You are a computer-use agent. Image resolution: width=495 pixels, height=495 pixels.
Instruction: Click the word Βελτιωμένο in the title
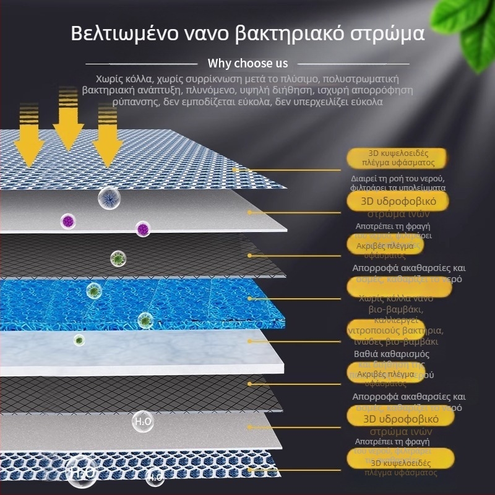click(119, 33)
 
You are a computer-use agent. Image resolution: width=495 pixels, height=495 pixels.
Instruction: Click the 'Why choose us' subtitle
click(247, 63)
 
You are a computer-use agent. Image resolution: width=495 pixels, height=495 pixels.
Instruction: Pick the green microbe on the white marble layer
click(79, 339)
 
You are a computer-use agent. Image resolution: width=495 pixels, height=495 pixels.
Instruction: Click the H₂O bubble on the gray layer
click(142, 422)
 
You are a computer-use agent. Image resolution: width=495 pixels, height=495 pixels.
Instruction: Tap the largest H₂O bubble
click(82, 471)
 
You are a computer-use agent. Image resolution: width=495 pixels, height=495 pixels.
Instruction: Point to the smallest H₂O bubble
click(155, 477)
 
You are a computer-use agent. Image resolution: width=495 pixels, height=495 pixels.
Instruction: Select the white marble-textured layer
click(186, 350)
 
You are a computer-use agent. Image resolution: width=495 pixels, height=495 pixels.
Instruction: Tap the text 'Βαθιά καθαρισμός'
click(400, 354)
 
